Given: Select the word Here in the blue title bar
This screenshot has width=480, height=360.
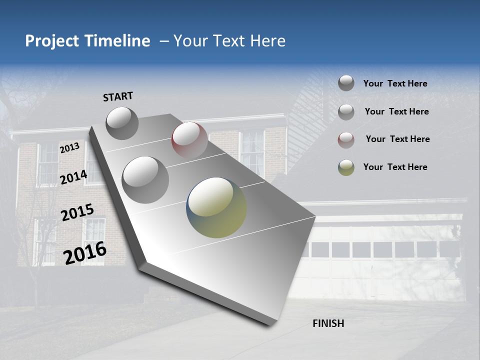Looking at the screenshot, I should (x=267, y=41).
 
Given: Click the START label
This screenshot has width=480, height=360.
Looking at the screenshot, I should (x=118, y=96).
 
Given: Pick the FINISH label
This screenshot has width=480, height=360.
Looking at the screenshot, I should (x=328, y=323).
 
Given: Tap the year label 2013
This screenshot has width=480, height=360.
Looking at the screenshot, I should (x=69, y=148).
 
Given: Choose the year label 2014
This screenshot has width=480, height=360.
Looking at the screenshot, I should (x=73, y=177).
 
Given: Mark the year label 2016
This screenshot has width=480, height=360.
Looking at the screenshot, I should (x=85, y=252).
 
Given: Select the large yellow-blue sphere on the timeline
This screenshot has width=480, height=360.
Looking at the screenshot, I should (x=216, y=207).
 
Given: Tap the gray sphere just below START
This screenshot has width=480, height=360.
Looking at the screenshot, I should (x=122, y=123).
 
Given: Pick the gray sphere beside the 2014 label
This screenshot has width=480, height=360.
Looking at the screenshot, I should (x=145, y=179).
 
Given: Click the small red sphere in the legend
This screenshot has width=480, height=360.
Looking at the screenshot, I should (x=346, y=140).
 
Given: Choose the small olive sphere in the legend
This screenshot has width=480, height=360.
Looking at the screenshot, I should (x=346, y=167).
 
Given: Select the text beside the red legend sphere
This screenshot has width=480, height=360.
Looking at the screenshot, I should (x=397, y=139).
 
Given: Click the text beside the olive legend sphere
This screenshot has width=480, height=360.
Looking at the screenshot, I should (x=395, y=167).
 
